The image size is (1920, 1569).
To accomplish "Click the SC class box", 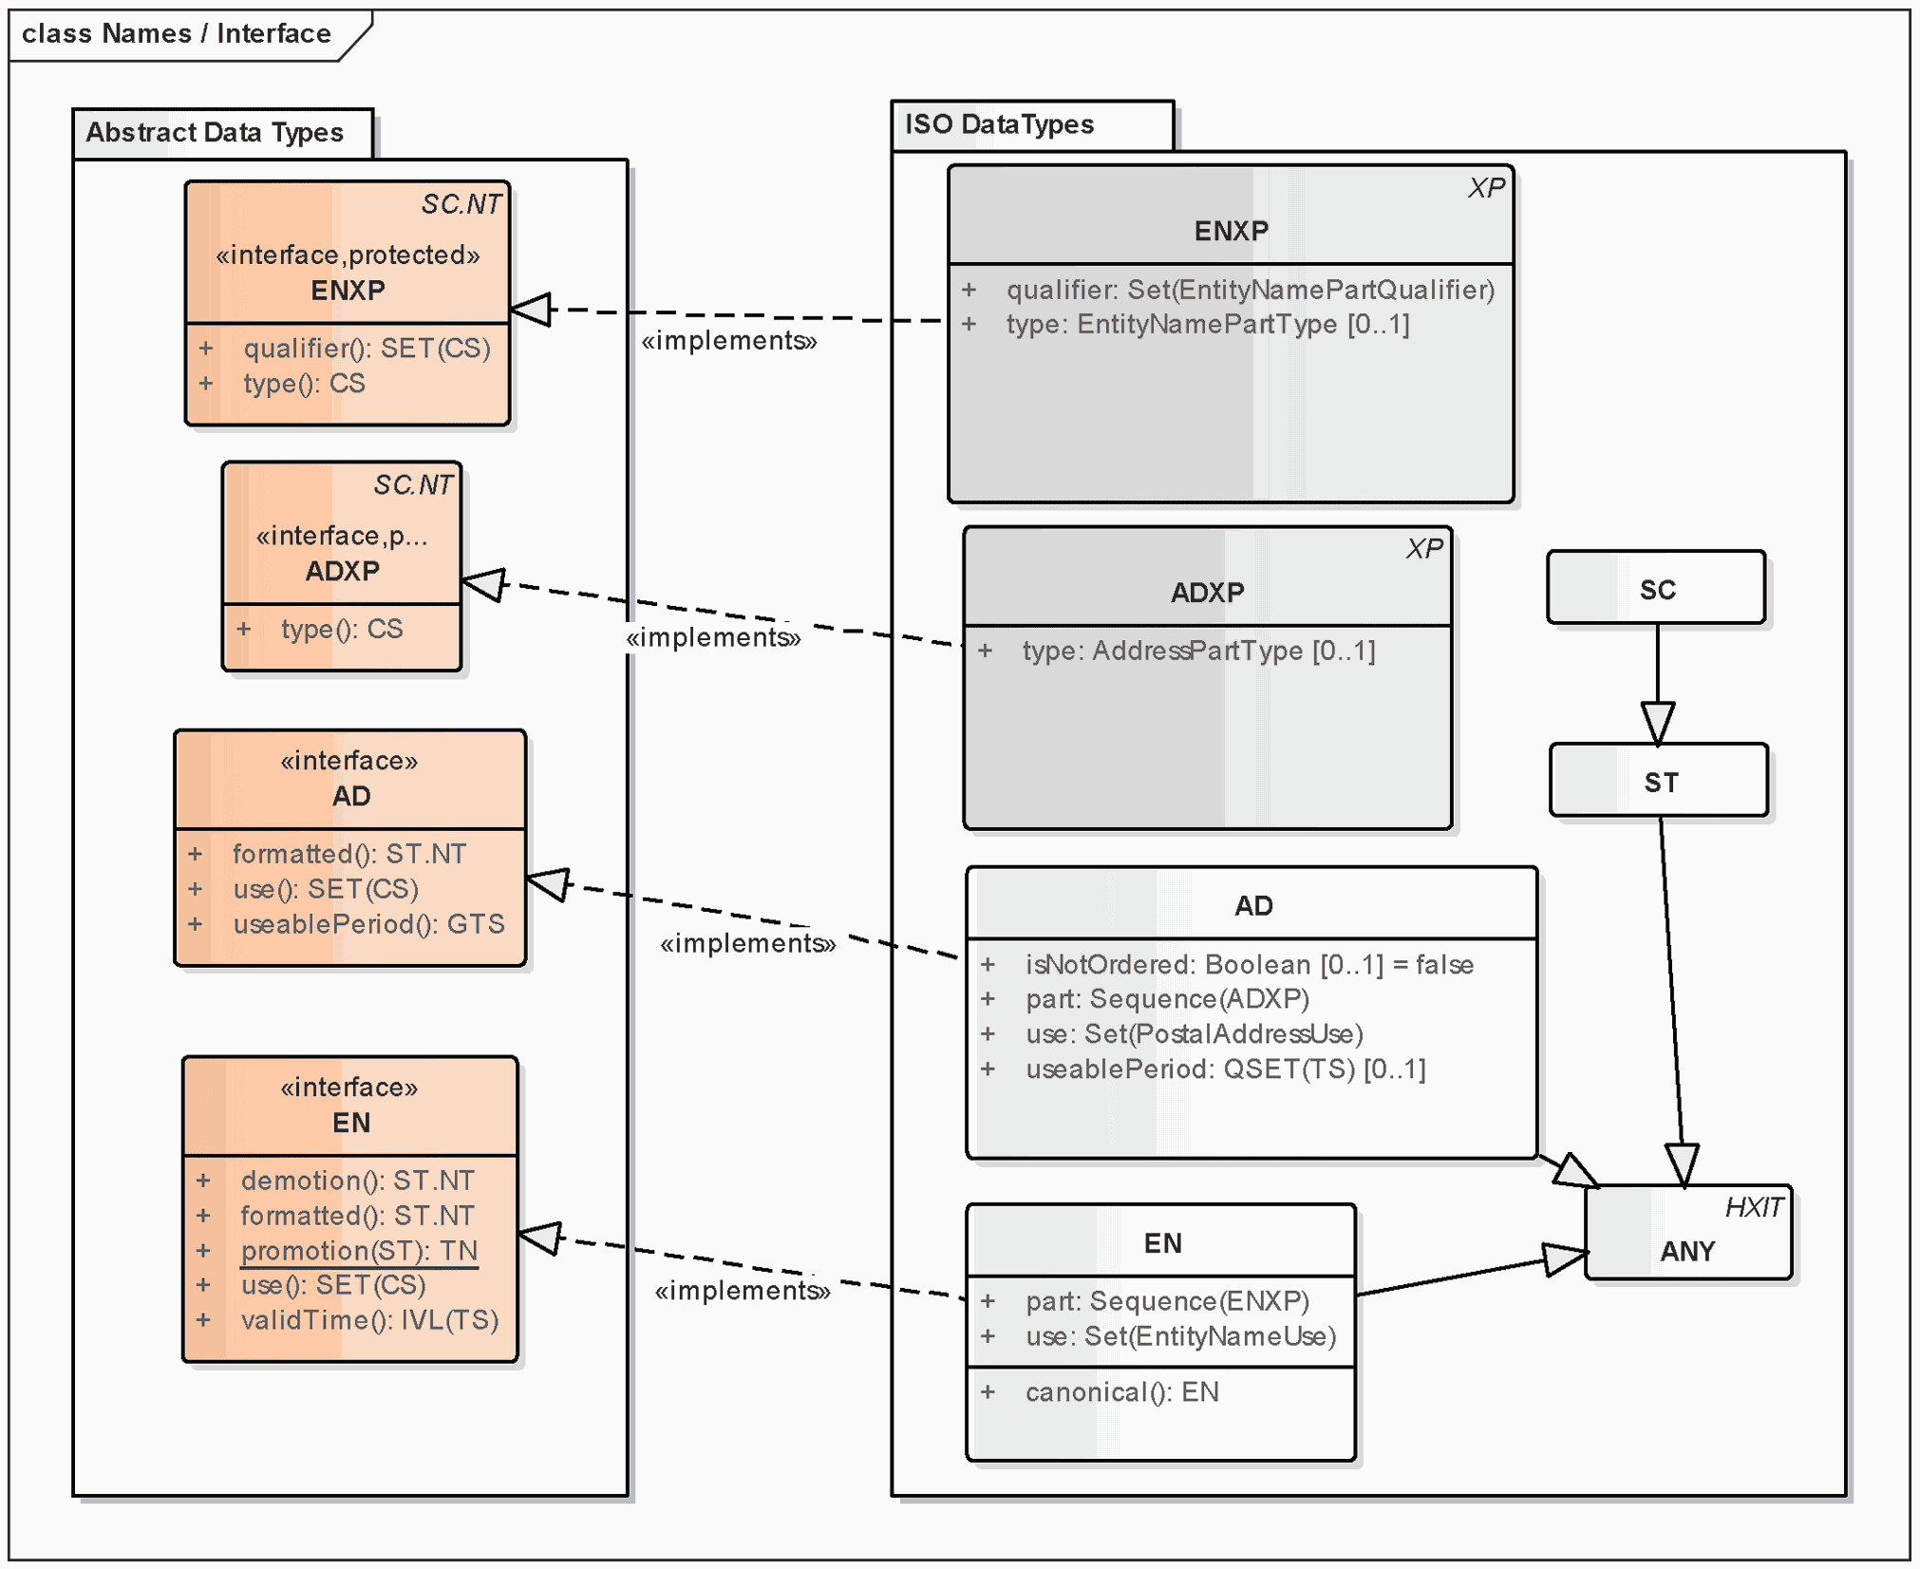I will (1657, 589).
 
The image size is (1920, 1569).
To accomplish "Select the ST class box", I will (1660, 782).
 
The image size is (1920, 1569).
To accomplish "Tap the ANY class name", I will (1687, 1251).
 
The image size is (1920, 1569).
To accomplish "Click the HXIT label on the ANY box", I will (1753, 1207).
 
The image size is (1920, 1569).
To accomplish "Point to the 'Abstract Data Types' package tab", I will (216, 132).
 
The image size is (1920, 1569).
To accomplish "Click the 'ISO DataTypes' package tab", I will (999, 124).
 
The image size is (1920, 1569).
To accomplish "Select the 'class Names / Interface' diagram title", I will (177, 34).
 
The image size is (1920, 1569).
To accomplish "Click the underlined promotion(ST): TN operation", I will (359, 1251).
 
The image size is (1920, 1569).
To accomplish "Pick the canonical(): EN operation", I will (1121, 1392).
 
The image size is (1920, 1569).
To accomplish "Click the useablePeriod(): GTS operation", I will (368, 924).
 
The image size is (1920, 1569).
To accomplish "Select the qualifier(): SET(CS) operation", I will (367, 349).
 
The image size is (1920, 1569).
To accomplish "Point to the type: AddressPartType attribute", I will (1198, 651).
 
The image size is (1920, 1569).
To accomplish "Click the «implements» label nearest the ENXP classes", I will (728, 341).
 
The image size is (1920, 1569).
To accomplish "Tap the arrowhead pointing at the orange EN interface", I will (539, 1237).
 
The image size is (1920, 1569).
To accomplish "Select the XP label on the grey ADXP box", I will (1424, 549).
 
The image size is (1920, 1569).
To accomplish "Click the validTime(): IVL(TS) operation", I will (369, 1320).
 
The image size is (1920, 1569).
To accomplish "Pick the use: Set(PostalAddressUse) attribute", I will (1194, 1034).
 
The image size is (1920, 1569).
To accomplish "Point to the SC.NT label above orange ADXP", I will (413, 485).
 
